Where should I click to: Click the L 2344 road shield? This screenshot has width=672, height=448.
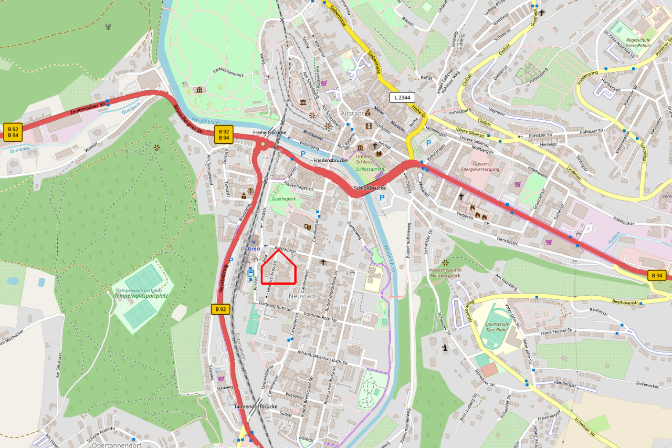coord(402,97)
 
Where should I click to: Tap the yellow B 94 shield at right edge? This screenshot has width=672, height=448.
coord(657,275)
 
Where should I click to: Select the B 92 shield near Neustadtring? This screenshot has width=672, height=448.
coord(221,309)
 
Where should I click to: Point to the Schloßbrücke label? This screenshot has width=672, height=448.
coord(370,187)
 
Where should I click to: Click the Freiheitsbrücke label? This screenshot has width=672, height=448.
coord(270,132)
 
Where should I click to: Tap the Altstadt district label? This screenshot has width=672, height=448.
coord(352,113)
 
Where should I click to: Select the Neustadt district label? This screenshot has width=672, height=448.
coord(302,296)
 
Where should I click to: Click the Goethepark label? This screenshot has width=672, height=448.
coord(283,200)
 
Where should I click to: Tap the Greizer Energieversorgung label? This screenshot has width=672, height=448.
coord(482,166)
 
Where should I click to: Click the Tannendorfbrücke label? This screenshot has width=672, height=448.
coord(256,407)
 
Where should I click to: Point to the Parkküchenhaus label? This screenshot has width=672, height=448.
coord(228,75)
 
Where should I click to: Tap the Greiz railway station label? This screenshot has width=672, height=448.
coord(254,248)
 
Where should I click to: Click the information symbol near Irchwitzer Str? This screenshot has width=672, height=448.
coord(445,348)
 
